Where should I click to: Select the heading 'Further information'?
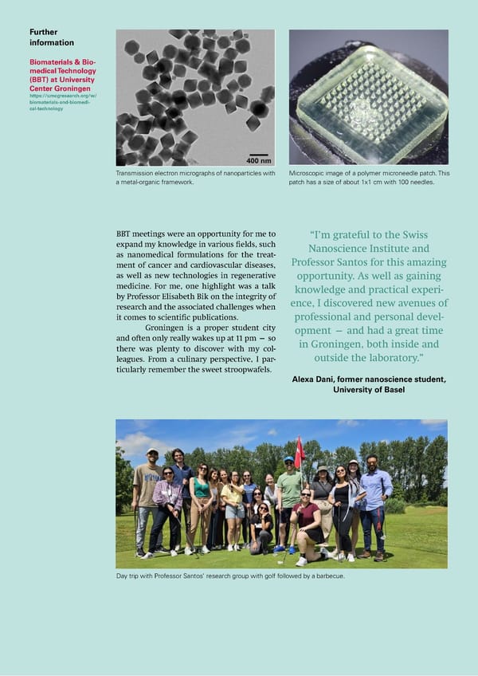[x=51, y=37]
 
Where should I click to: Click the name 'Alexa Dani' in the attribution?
[x=321, y=379]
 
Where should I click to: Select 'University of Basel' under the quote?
[x=369, y=390]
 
